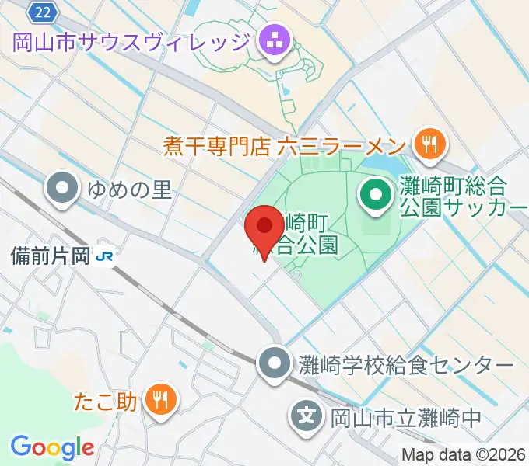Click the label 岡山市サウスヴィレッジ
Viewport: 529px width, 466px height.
tap(131, 40)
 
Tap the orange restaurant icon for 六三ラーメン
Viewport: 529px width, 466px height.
tap(428, 143)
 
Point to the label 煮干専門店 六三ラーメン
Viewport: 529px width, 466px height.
tap(285, 145)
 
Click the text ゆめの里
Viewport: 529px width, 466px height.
tap(129, 189)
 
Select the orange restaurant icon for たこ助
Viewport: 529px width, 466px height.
tap(161, 401)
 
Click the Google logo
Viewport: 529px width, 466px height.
tap(52, 447)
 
